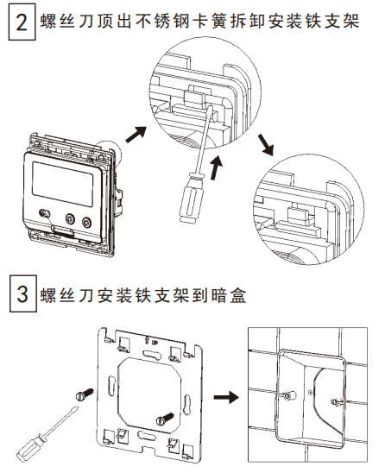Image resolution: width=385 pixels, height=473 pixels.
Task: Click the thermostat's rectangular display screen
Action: coord(60,182)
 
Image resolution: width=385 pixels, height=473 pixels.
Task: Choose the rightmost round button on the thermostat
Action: coord(86,221)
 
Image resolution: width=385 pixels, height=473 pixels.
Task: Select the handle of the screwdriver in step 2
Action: coord(189,195)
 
